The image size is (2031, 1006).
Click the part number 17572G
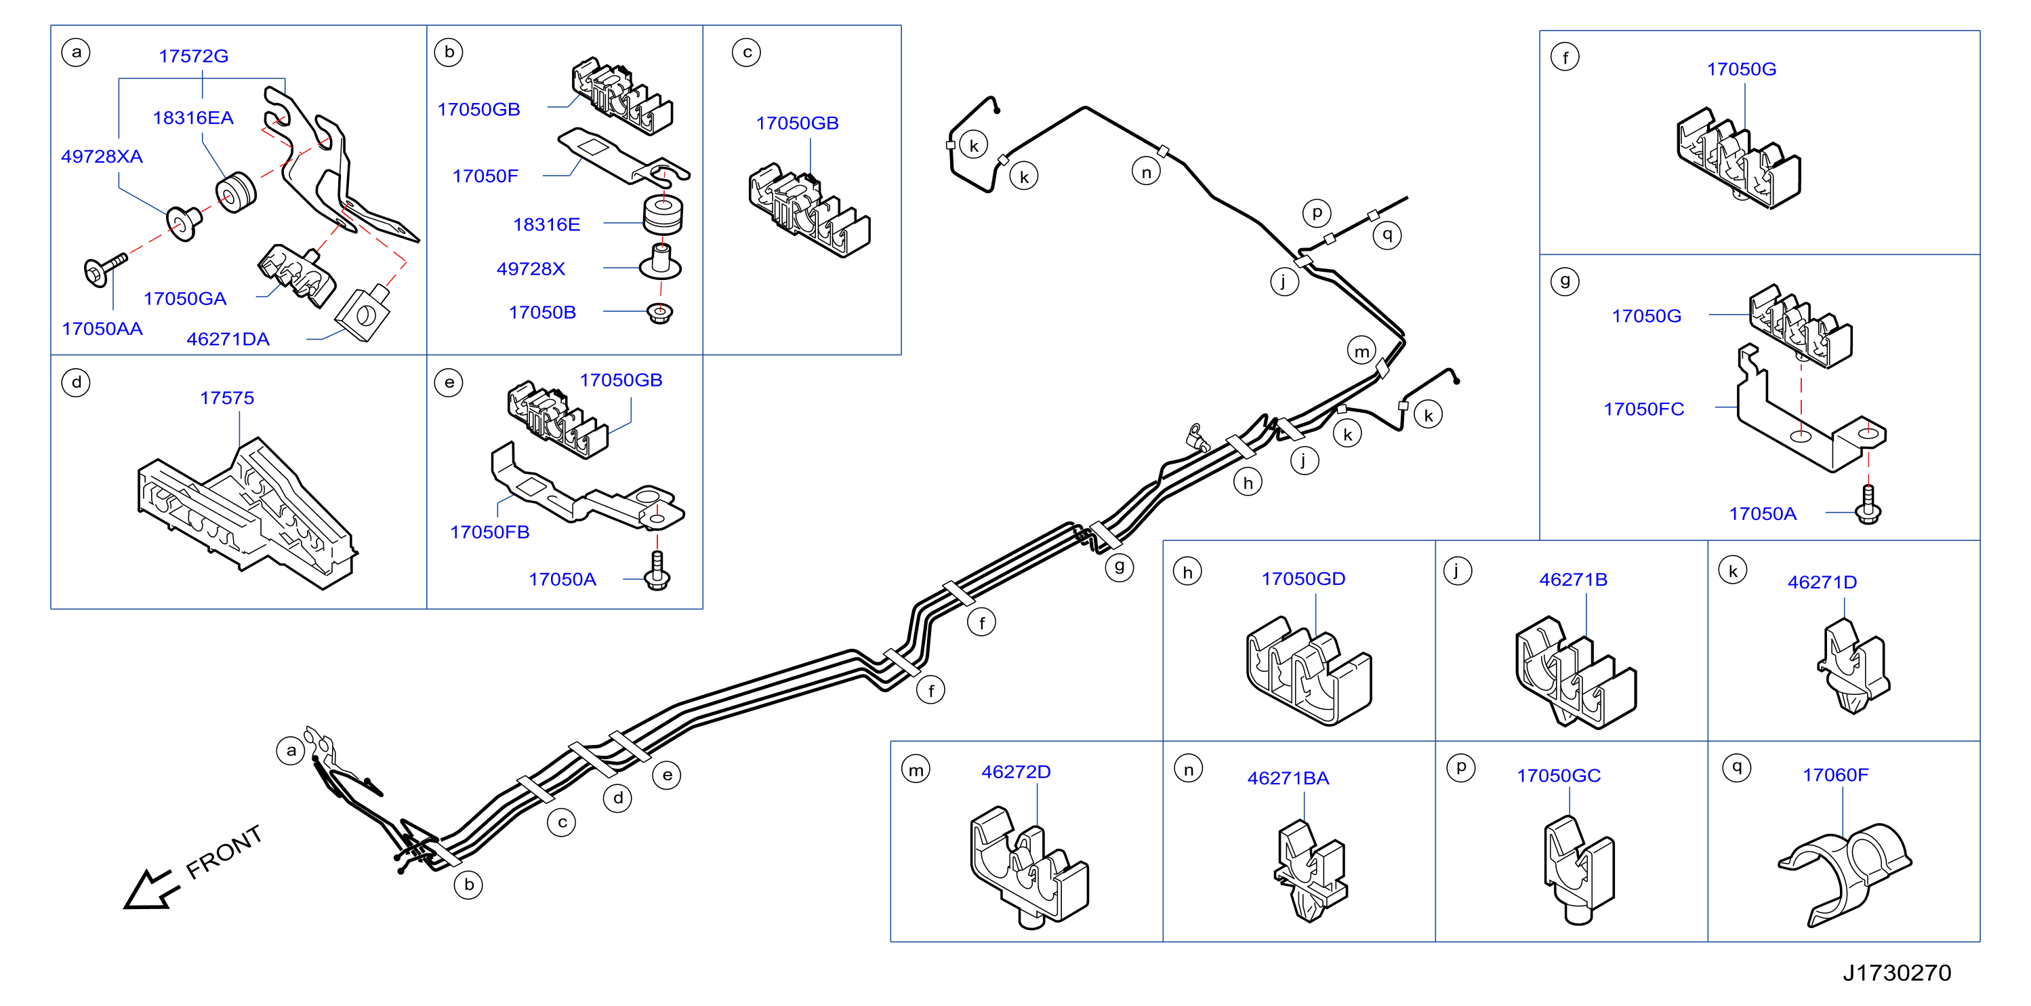coord(193,56)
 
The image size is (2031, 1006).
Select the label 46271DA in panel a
coord(228,339)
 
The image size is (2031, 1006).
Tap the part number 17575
coord(227,397)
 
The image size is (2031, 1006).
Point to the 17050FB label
coord(489,532)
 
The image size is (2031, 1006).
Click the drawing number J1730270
coord(1897,973)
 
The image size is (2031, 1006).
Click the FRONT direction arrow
coord(151,890)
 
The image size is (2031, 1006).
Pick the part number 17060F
coord(1835,775)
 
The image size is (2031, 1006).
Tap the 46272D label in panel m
coord(1015,772)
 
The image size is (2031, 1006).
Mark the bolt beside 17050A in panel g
coord(1868,504)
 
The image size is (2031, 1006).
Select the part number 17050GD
coord(1303,579)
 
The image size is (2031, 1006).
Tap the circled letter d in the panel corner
coord(77,383)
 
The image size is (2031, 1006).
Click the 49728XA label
coord(102,156)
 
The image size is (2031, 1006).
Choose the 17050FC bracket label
coord(1644,409)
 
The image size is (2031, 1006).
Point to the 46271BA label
coord(1288,778)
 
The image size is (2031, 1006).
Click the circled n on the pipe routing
coord(1147,172)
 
